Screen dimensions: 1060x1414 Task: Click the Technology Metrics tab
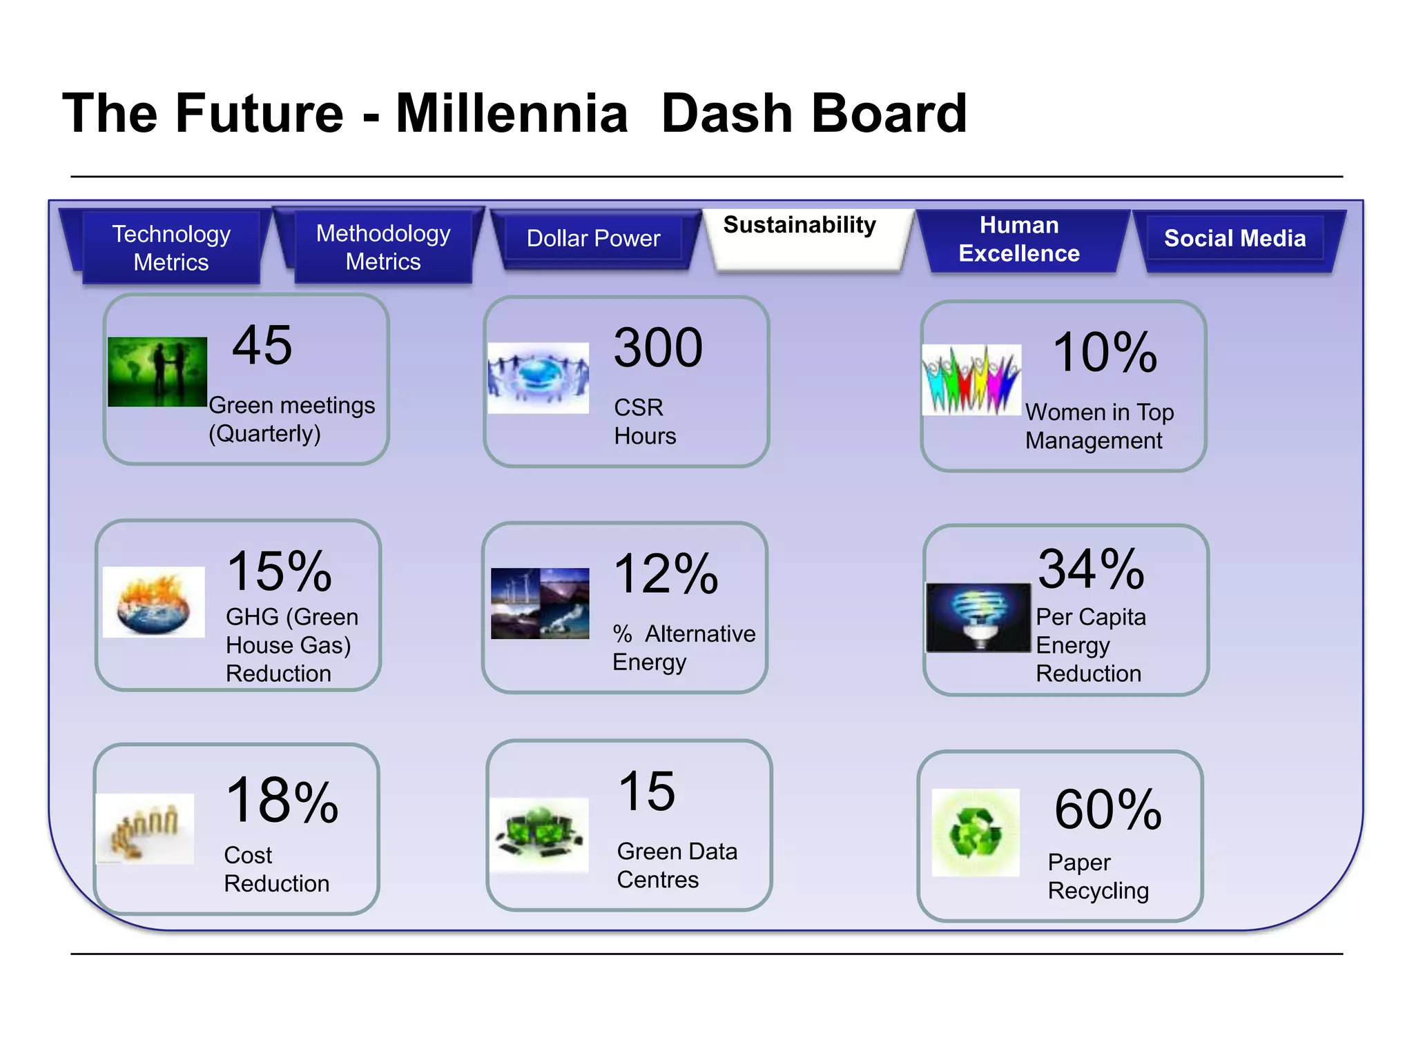[x=171, y=248]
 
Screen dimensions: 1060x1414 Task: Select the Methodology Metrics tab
[x=383, y=247]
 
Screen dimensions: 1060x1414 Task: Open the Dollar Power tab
[x=593, y=239]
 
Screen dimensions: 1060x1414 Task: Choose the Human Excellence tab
[x=1019, y=239]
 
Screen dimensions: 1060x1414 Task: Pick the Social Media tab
[x=1234, y=239]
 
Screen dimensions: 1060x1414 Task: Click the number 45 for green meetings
[x=262, y=345]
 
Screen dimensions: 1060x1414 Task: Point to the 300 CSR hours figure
[x=658, y=348]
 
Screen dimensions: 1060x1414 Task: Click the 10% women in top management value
[x=1105, y=353]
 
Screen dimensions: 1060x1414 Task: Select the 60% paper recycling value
[x=1107, y=809]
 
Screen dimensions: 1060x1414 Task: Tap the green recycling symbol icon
[x=975, y=832]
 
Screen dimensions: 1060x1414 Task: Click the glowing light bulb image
[x=978, y=618]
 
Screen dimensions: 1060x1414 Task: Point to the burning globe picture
[x=153, y=602]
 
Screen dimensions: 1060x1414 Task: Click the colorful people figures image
[x=971, y=380]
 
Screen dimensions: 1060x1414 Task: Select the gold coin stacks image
[x=145, y=829]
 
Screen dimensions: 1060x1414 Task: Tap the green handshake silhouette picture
[x=157, y=371]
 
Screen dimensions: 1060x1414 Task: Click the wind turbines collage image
[x=540, y=603]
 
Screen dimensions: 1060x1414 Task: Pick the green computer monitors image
[x=539, y=834]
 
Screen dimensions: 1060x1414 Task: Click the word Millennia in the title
[x=512, y=114]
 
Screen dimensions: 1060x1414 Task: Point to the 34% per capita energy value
[x=1091, y=569]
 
